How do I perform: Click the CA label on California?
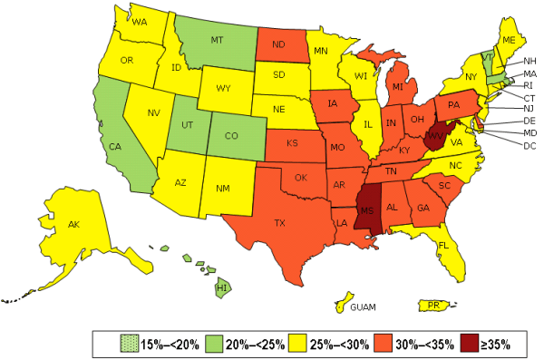point(116,146)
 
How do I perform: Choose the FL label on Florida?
point(444,245)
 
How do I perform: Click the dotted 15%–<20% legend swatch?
point(129,344)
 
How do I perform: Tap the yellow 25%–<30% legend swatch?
point(298,344)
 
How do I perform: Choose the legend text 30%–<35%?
point(423,344)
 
